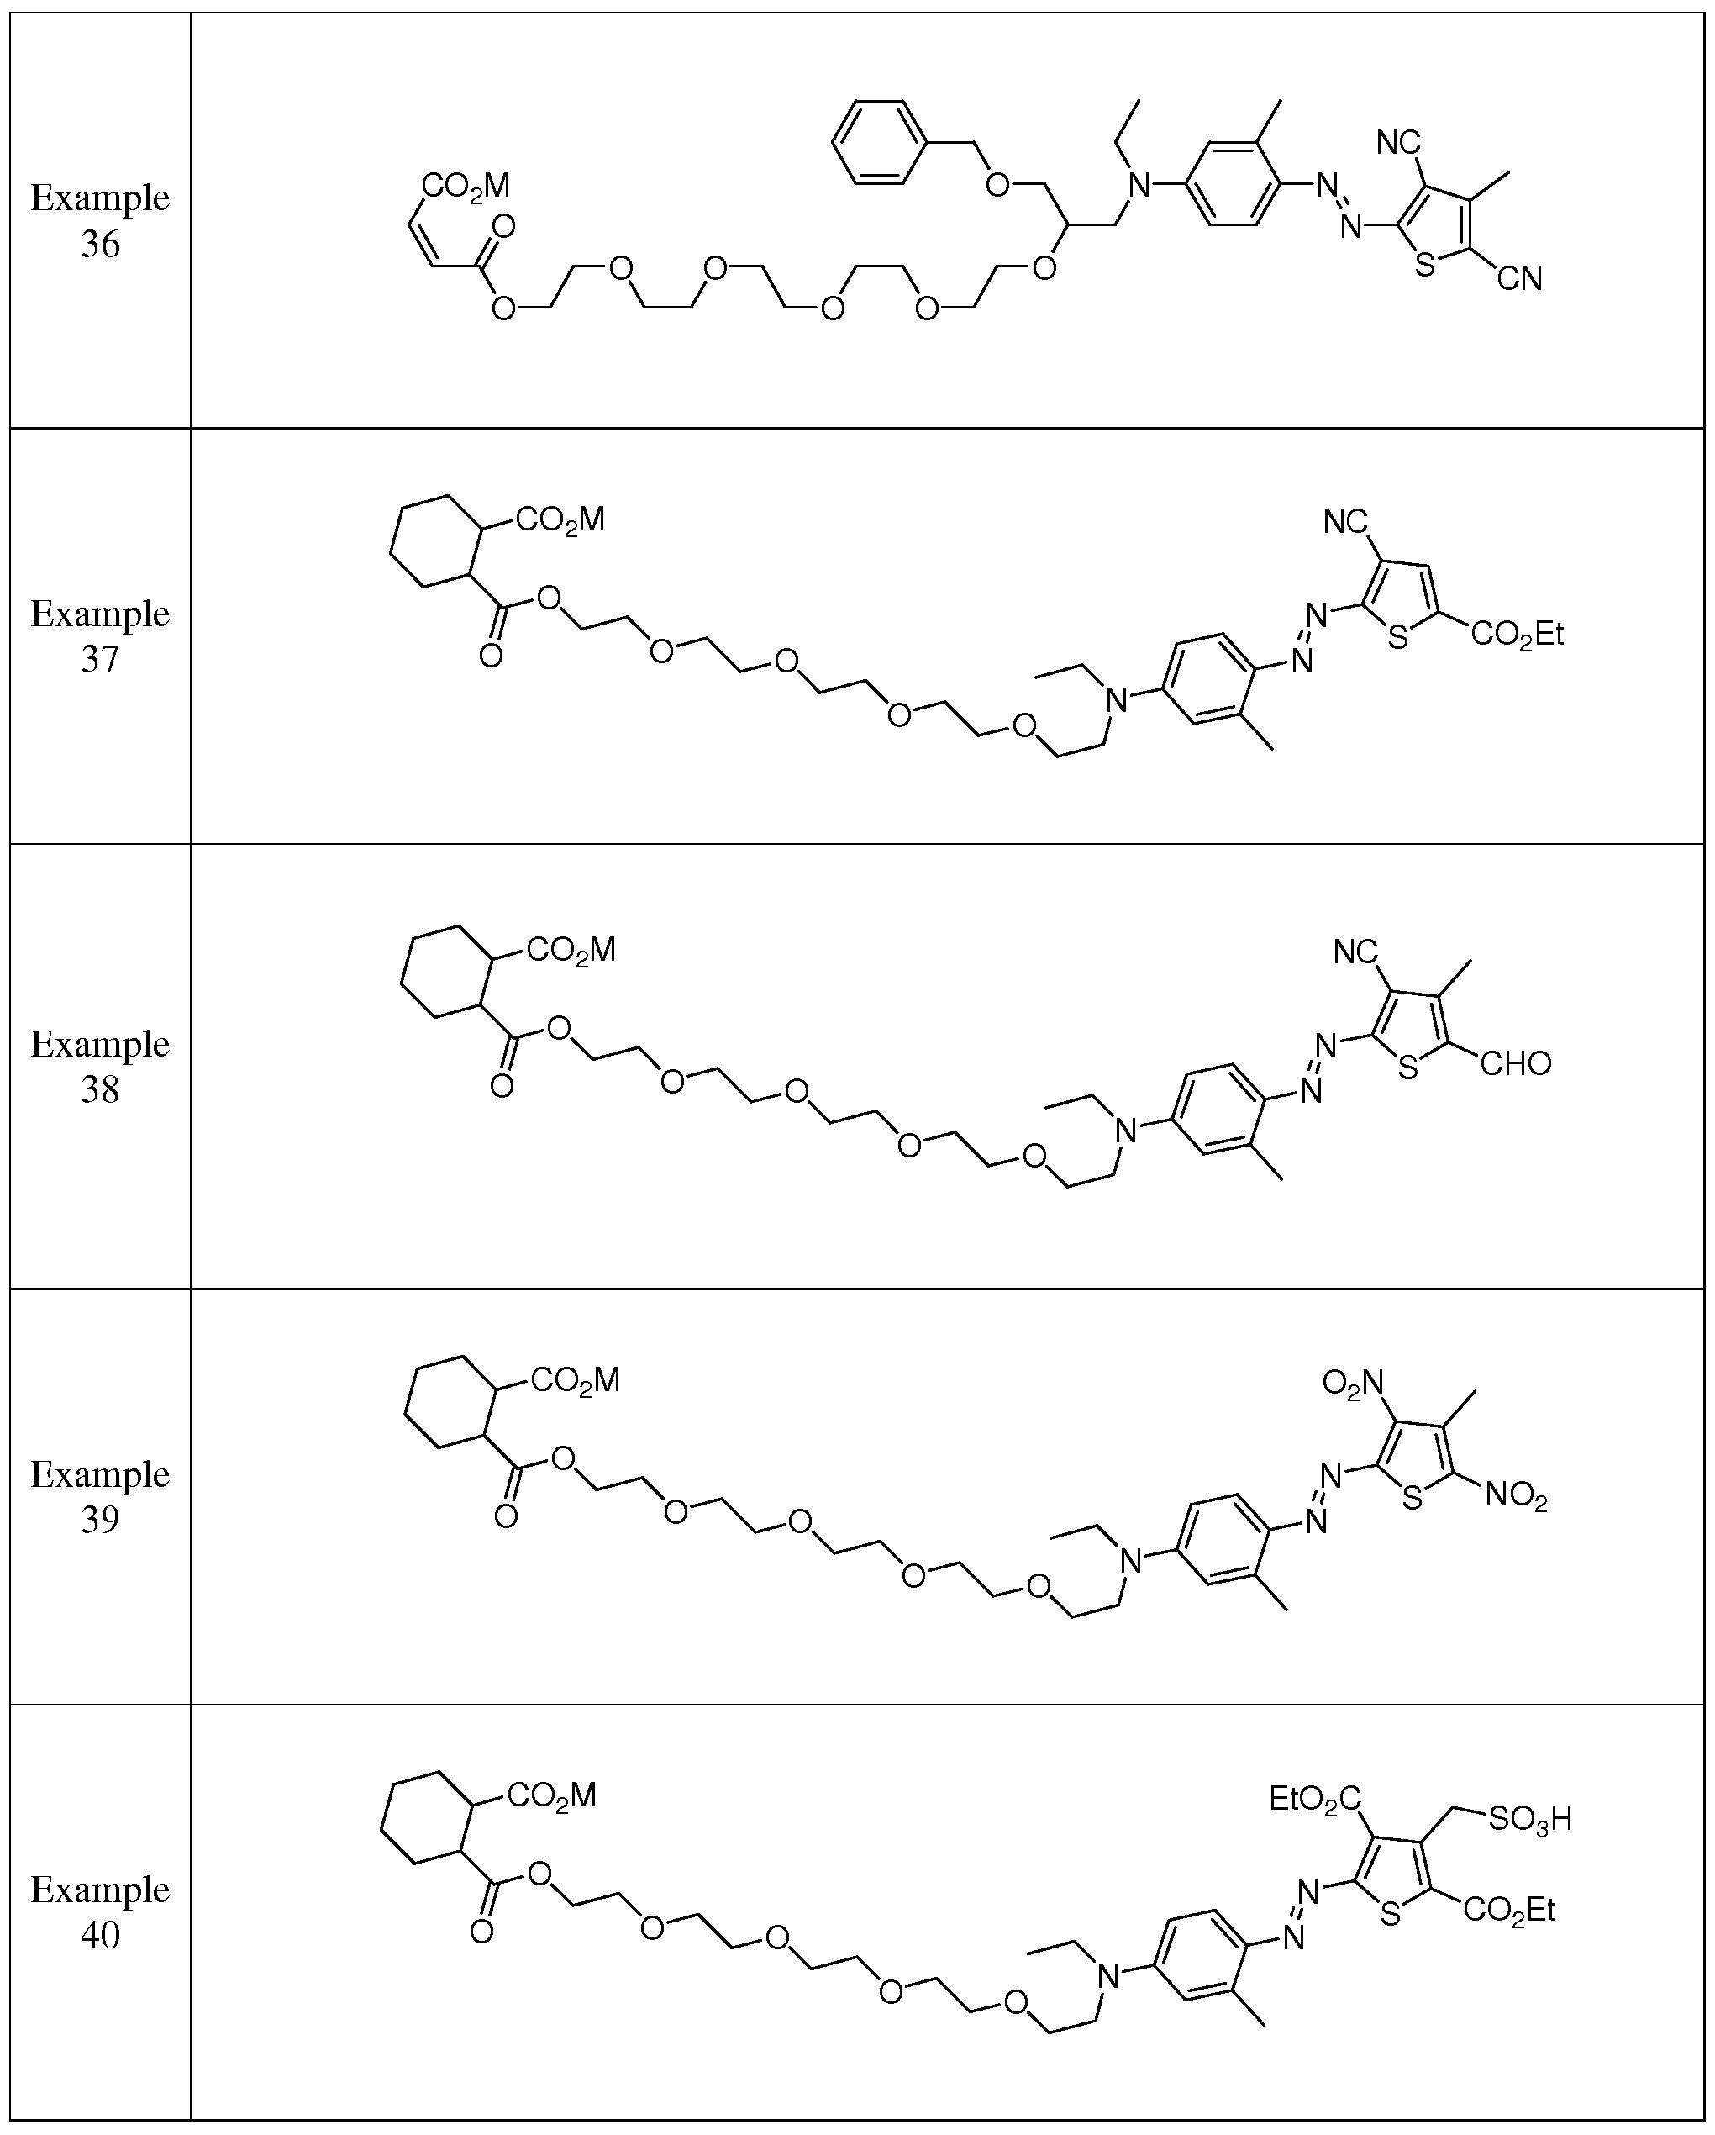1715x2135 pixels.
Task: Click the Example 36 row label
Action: click(x=100, y=220)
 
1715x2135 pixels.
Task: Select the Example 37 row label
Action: click(x=100, y=635)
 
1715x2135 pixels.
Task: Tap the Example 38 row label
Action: click(x=100, y=1066)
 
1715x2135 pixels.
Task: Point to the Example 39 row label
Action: click(x=100, y=1496)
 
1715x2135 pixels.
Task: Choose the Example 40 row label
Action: click(x=100, y=1911)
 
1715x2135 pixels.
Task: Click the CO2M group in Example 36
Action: click(x=466, y=185)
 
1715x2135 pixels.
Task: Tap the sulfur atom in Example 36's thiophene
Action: click(x=1425, y=266)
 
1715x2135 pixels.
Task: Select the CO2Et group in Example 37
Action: click(x=1517, y=634)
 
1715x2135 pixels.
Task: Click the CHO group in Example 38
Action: click(x=1515, y=1063)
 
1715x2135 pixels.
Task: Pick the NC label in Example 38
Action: click(x=1355, y=952)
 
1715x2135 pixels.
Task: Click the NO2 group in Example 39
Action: click(x=1516, y=1494)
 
